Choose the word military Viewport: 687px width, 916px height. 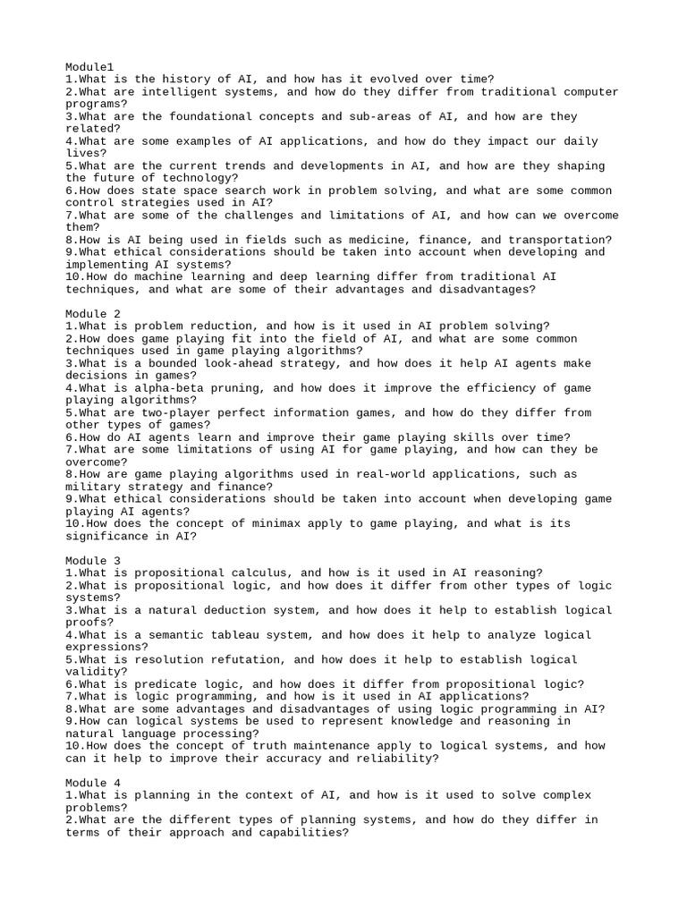(95, 487)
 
